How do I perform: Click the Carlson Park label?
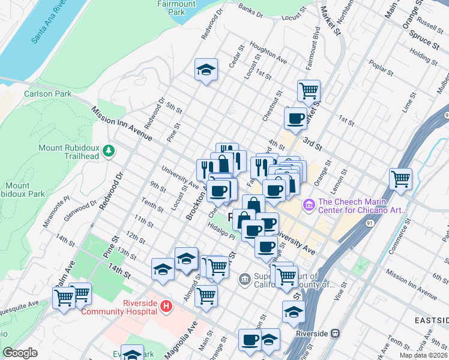pyautogui.click(x=47, y=94)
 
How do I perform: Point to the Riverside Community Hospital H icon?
pyautogui.click(x=166, y=307)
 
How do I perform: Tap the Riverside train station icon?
pyautogui.click(x=336, y=333)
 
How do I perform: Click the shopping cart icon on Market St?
pyautogui.click(x=309, y=91)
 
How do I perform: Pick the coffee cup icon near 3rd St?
pyautogui.click(x=295, y=119)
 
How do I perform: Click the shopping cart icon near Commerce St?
pyautogui.click(x=400, y=179)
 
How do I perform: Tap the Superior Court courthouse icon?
pyautogui.click(x=245, y=278)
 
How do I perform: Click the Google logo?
pyautogui.click(x=20, y=353)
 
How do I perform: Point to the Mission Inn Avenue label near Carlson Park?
pyautogui.click(x=122, y=124)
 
